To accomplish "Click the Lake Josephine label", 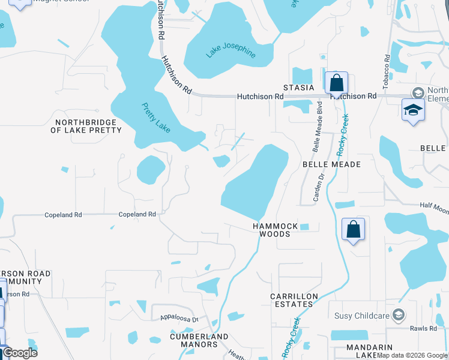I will [x=231, y=50].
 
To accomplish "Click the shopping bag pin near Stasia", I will [x=337, y=83].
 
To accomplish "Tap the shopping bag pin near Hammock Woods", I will [x=353, y=229].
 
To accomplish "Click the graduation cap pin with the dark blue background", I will [x=413, y=110].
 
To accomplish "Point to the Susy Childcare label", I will [x=359, y=314].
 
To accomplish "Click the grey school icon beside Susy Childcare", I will [x=397, y=314].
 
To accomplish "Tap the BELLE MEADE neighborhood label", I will [x=331, y=164].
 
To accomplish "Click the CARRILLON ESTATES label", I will [x=292, y=300].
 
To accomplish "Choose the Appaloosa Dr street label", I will [x=179, y=319].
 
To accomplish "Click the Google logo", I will [x=19, y=353].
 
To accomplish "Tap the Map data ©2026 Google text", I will [x=412, y=355].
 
